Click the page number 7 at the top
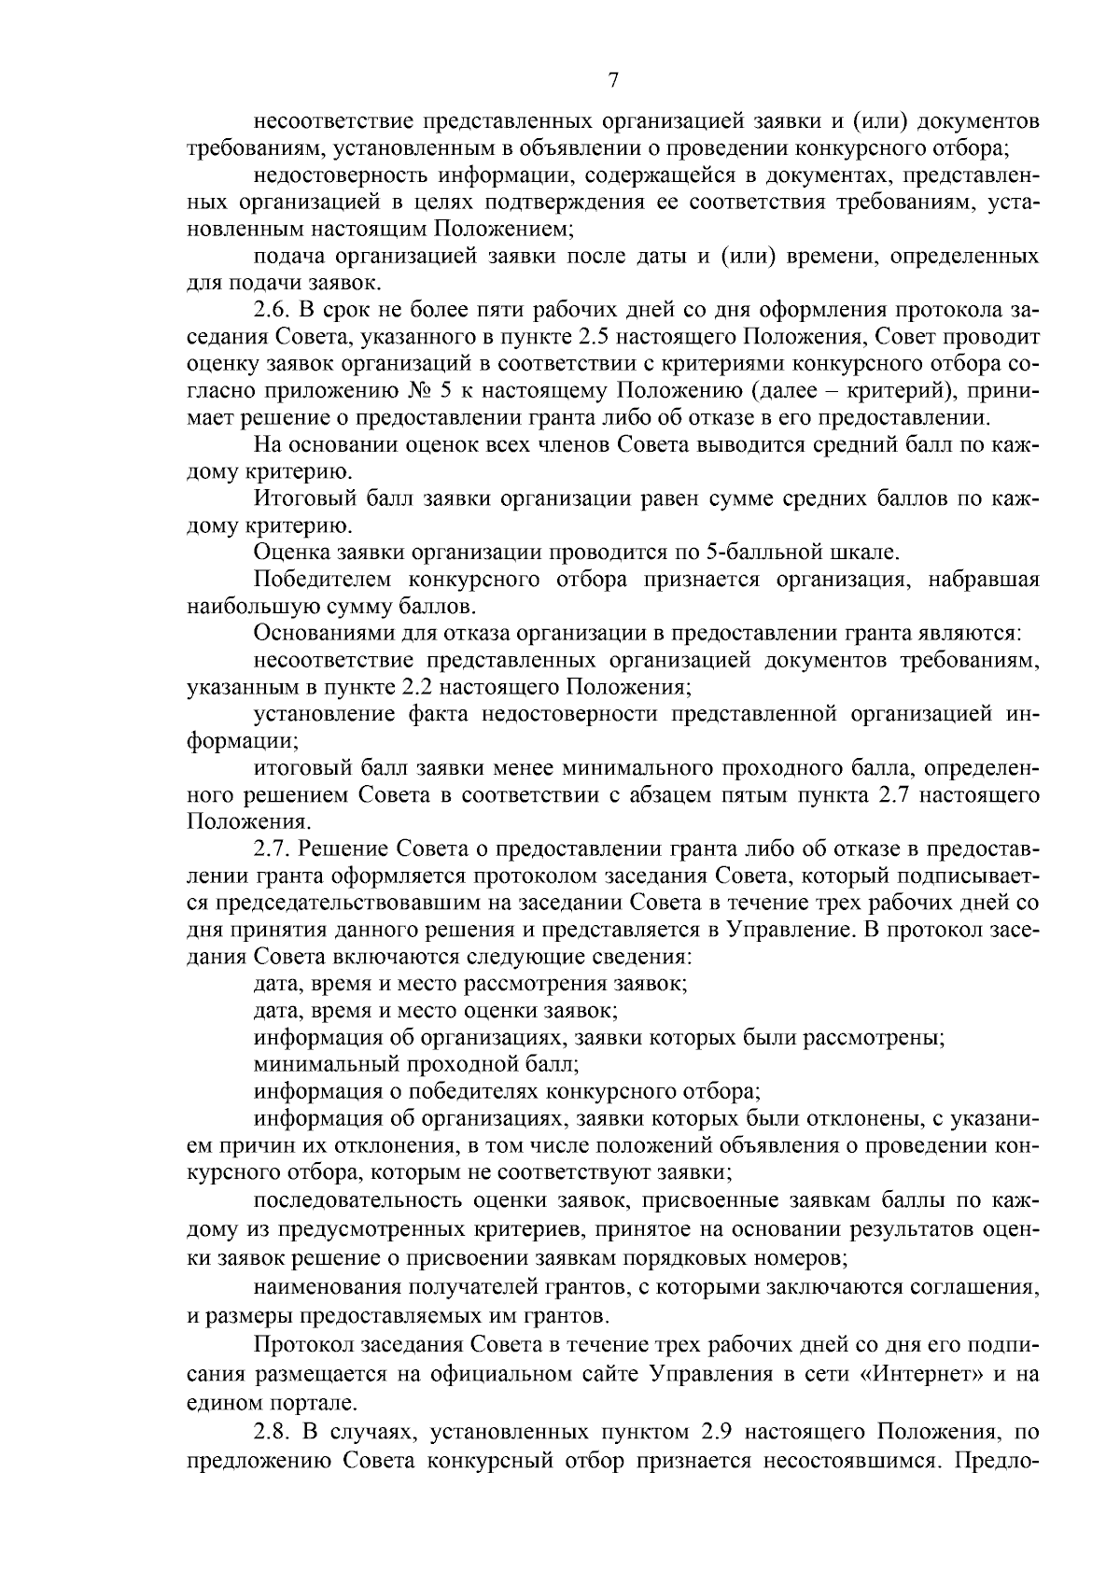(x=613, y=81)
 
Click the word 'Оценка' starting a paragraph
(x=287, y=553)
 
